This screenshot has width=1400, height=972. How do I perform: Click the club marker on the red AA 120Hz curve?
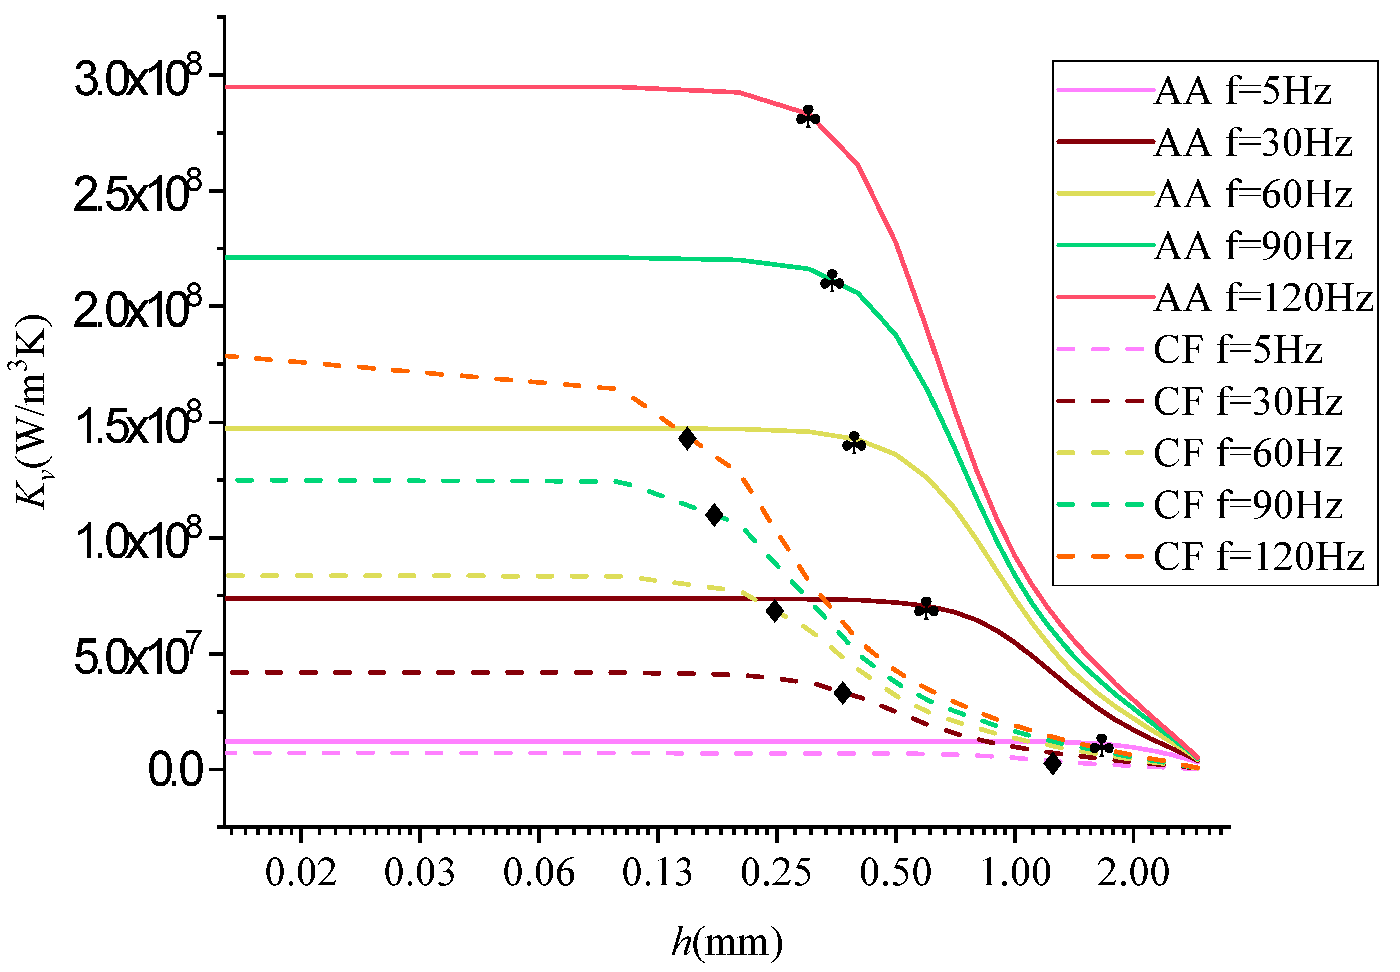click(x=808, y=116)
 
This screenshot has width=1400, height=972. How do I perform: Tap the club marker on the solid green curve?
click(x=832, y=281)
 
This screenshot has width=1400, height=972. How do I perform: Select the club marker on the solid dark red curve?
click(x=926, y=608)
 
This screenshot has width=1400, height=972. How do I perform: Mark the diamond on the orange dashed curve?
click(x=687, y=438)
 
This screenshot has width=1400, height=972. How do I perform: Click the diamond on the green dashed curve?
click(x=714, y=515)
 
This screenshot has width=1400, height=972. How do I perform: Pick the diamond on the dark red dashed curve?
click(x=842, y=693)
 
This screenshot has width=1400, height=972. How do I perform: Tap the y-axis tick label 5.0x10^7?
click(x=138, y=657)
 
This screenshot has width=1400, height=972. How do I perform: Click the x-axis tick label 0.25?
click(x=776, y=872)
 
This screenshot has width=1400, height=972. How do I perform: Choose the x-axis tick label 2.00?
click(x=1133, y=872)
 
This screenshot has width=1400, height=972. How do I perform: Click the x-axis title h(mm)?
click(x=727, y=942)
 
